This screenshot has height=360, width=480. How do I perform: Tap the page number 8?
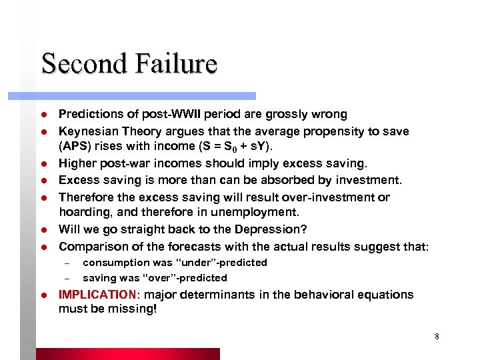pos(437,336)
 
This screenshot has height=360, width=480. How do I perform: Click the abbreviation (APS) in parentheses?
pos(74,147)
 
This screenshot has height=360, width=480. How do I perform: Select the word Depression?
pos(275,230)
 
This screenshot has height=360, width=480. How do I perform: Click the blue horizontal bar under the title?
pos(147,96)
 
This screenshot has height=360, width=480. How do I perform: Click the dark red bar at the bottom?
pos(127,354)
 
